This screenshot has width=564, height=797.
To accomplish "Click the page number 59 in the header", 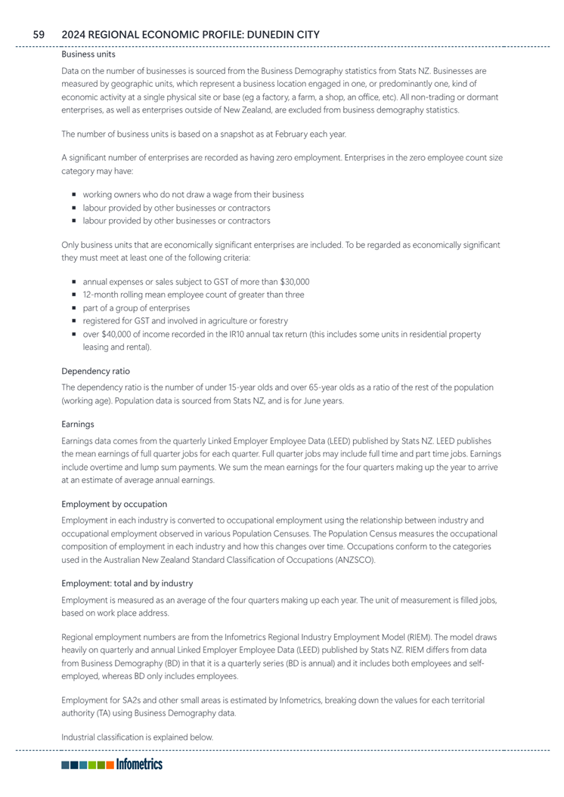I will pyautogui.click(x=39, y=34).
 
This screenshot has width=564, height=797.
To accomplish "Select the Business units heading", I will pyautogui.click(x=88, y=54).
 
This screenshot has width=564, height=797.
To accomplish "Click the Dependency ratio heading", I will pyautogui.click(x=95, y=371).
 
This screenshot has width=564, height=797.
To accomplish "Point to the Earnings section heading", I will pyautogui.click(x=78, y=425).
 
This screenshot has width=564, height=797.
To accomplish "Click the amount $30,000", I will pyautogui.click(x=293, y=282).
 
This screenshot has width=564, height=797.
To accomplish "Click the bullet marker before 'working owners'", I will pyautogui.click(x=76, y=195).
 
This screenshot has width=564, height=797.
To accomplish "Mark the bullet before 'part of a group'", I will pyautogui.click(x=76, y=308).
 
